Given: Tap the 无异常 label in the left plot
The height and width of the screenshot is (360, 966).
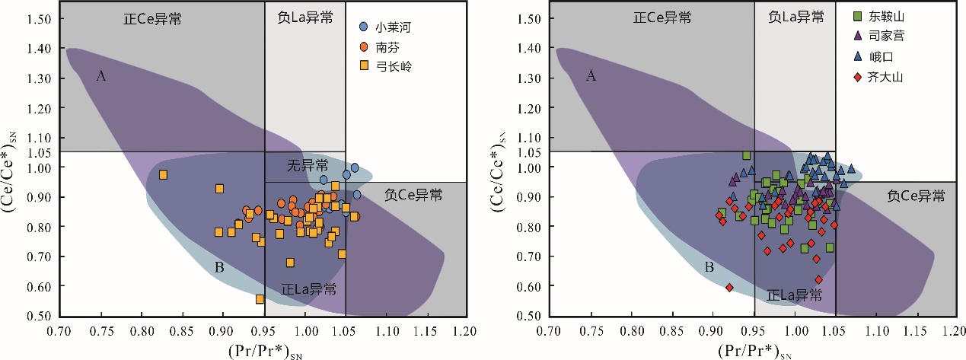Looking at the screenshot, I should [x=308, y=165].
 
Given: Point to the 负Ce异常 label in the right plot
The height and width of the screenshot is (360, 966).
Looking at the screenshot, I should [x=917, y=196].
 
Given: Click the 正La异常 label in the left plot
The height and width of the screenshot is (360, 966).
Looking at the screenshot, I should [x=308, y=289].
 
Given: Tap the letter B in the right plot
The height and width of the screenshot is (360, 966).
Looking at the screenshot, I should [x=708, y=267].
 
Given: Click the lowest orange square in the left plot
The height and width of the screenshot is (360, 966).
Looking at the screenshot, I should [x=260, y=299].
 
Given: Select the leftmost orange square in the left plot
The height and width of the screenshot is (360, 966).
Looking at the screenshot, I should [x=163, y=175].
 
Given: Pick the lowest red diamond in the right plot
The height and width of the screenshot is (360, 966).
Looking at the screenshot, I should [x=729, y=288].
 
